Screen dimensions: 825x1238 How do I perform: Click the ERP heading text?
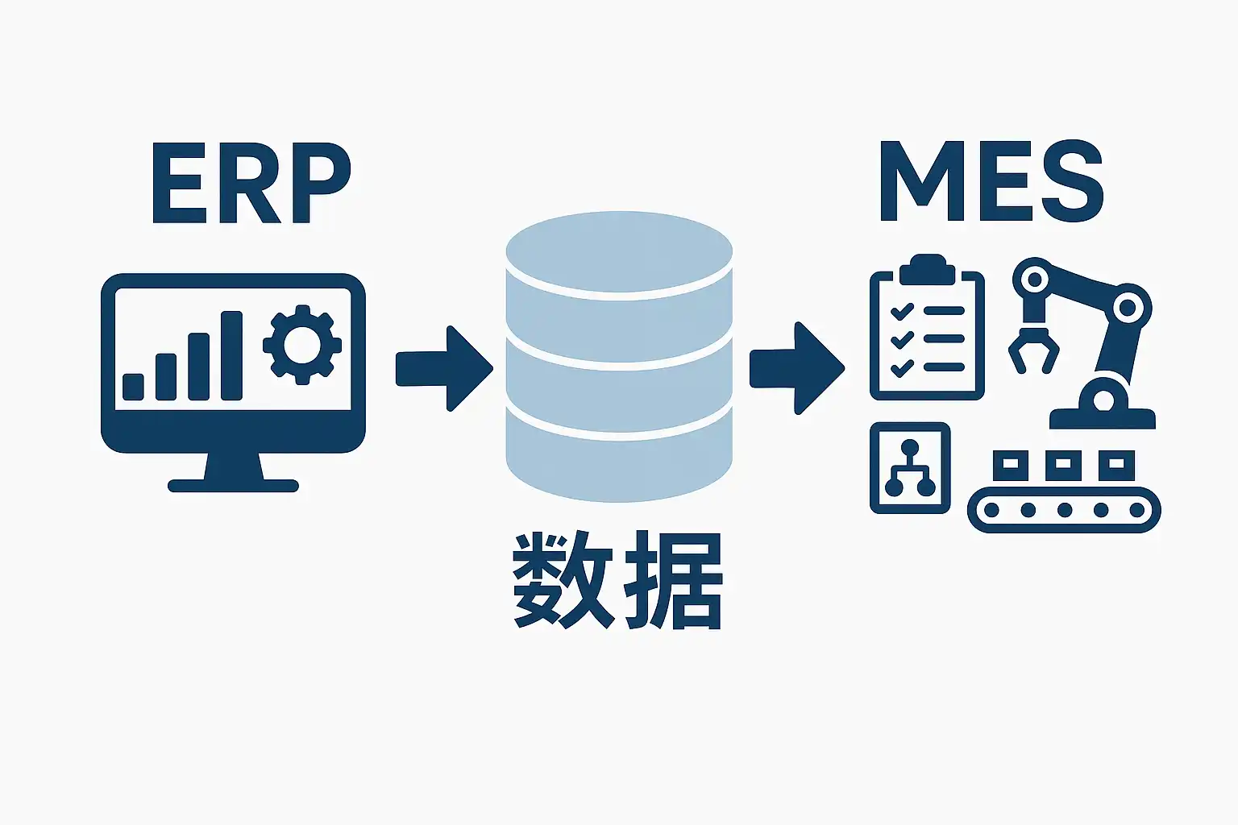pos(251,184)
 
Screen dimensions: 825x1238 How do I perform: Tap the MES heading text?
pos(991,182)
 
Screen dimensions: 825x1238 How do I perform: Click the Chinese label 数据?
pos(617,580)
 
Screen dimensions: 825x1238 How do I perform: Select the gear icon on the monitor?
pos(302,345)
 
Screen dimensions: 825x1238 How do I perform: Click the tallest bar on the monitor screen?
pos(231,355)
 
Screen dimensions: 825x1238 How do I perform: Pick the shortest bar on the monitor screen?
pos(134,387)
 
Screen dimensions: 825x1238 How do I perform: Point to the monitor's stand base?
pos(233,485)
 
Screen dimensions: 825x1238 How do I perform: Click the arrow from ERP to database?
pos(444,368)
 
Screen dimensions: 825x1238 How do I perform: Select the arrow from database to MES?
pos(796,368)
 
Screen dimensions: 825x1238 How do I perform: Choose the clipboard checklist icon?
pos(927,334)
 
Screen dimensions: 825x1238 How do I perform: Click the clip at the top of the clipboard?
pos(927,269)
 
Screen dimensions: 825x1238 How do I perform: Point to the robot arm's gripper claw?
pos(1033,351)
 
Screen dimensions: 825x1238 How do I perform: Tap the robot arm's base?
pos(1103,411)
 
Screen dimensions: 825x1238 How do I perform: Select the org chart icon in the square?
pos(910,468)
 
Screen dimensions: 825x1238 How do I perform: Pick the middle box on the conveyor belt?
pos(1063,464)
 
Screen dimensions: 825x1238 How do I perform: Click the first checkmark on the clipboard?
pos(901,311)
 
